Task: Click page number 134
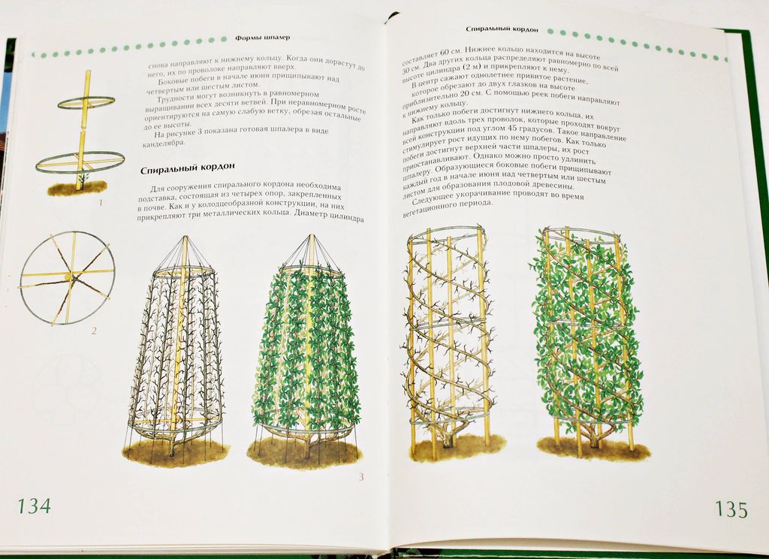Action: (x=34, y=506)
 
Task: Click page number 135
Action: (x=731, y=509)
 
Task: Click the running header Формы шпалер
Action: (x=262, y=38)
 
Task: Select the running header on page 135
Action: (x=502, y=29)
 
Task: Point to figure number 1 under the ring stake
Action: (x=101, y=201)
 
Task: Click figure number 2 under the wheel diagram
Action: (x=94, y=331)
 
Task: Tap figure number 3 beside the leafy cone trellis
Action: (x=361, y=476)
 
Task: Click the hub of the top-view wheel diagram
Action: (x=68, y=278)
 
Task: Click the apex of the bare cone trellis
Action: (x=185, y=237)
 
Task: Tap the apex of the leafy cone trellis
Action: (x=310, y=236)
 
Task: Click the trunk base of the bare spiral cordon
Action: (x=448, y=441)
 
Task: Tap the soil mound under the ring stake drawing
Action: (x=77, y=188)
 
